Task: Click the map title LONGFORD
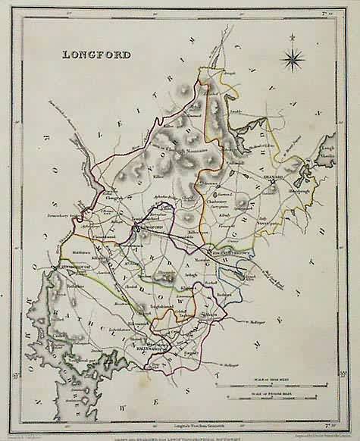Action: [x=91, y=55]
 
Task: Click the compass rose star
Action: [x=293, y=58]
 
